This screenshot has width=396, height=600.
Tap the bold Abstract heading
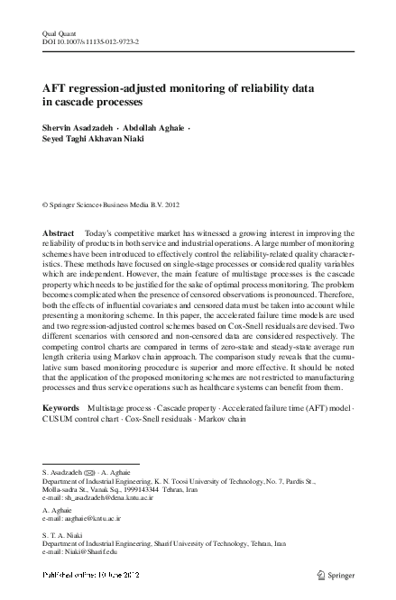tap(59, 233)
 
